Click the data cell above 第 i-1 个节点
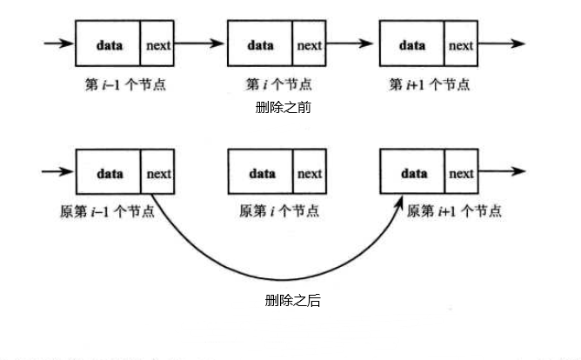point(108,44)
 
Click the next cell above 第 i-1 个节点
point(157,44)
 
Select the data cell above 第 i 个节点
point(260,44)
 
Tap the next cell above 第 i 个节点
point(310,44)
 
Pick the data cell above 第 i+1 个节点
point(412,44)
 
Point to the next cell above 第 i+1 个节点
point(461,44)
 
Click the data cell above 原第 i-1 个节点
point(108,173)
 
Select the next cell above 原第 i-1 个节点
point(157,173)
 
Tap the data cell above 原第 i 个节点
point(260,173)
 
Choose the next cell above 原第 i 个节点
point(310,173)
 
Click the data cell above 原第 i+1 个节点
point(412,173)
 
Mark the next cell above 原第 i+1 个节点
point(461,173)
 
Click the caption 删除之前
point(283,108)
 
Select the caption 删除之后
point(292,301)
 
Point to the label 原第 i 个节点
point(278,211)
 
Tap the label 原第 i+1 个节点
point(454,211)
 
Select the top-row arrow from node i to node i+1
point(352,43)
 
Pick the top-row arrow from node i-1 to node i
point(200,43)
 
